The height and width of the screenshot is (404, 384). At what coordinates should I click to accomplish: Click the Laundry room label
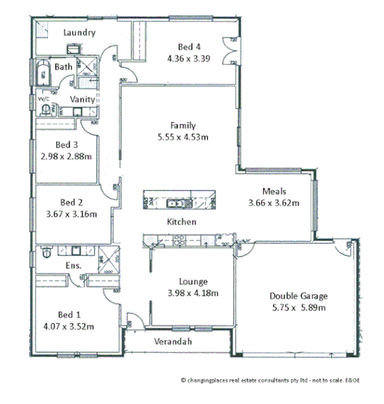tap(79, 33)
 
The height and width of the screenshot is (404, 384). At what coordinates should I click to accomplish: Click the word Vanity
tap(83, 99)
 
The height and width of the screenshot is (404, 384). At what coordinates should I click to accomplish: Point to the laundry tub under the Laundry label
tap(74, 50)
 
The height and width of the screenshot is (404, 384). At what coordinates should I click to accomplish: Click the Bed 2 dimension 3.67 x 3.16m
tap(72, 213)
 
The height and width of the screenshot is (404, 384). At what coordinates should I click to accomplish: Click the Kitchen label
tap(181, 222)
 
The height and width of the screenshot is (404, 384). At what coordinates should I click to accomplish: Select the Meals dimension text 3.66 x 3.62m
tap(273, 202)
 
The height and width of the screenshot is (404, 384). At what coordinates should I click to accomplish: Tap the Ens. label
tap(73, 266)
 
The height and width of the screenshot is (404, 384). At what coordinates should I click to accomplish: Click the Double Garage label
tap(298, 296)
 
